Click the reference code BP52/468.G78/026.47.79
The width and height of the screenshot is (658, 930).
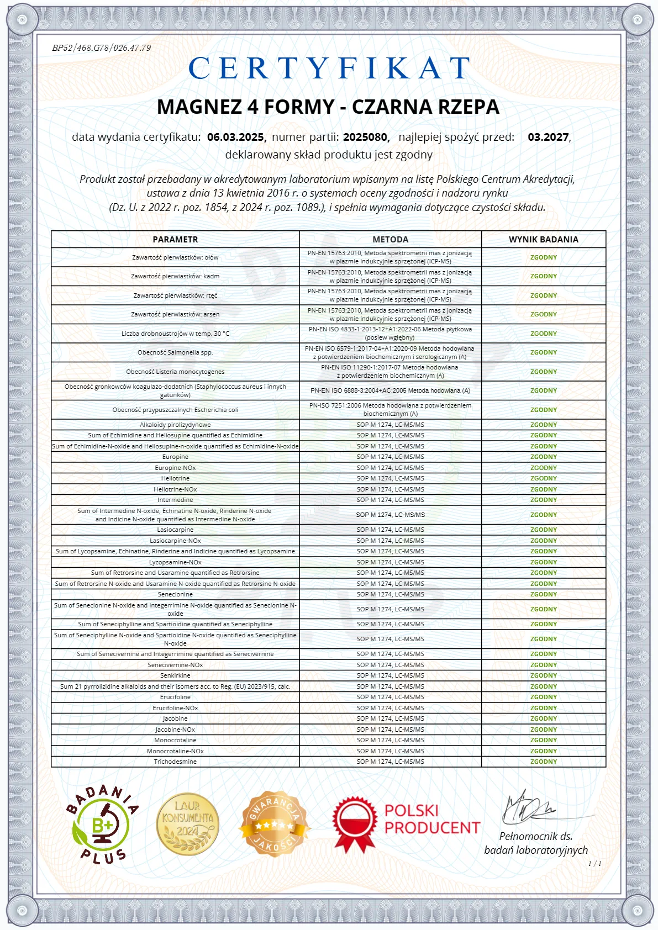pyautogui.click(x=102, y=48)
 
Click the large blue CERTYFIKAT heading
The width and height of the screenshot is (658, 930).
pyautogui.click(x=329, y=68)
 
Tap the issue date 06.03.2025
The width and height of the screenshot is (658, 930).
pyautogui.click(x=236, y=137)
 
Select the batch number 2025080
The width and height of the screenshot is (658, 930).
pyautogui.click(x=366, y=137)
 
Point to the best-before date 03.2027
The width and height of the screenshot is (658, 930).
pyautogui.click(x=548, y=137)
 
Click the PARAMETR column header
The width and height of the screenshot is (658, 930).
pyautogui.click(x=175, y=239)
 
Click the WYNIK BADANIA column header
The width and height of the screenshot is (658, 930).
pyautogui.click(x=543, y=239)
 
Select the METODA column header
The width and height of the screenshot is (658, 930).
pyautogui.click(x=390, y=239)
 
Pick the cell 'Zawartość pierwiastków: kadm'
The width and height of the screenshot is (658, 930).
pyautogui.click(x=175, y=276)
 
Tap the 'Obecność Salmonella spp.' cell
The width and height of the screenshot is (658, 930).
pyautogui.click(x=175, y=352)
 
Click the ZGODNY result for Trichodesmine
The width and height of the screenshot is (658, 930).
pyautogui.click(x=543, y=762)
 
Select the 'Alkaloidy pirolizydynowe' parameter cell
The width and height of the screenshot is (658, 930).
pyautogui.click(x=175, y=425)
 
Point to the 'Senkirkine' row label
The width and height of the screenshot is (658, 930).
pyautogui.click(x=175, y=675)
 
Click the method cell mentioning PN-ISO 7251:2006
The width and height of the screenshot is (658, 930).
pyautogui.click(x=390, y=409)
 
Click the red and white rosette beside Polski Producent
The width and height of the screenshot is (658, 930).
pyautogui.click(x=354, y=823)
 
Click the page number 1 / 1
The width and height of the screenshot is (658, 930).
pyautogui.click(x=594, y=864)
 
